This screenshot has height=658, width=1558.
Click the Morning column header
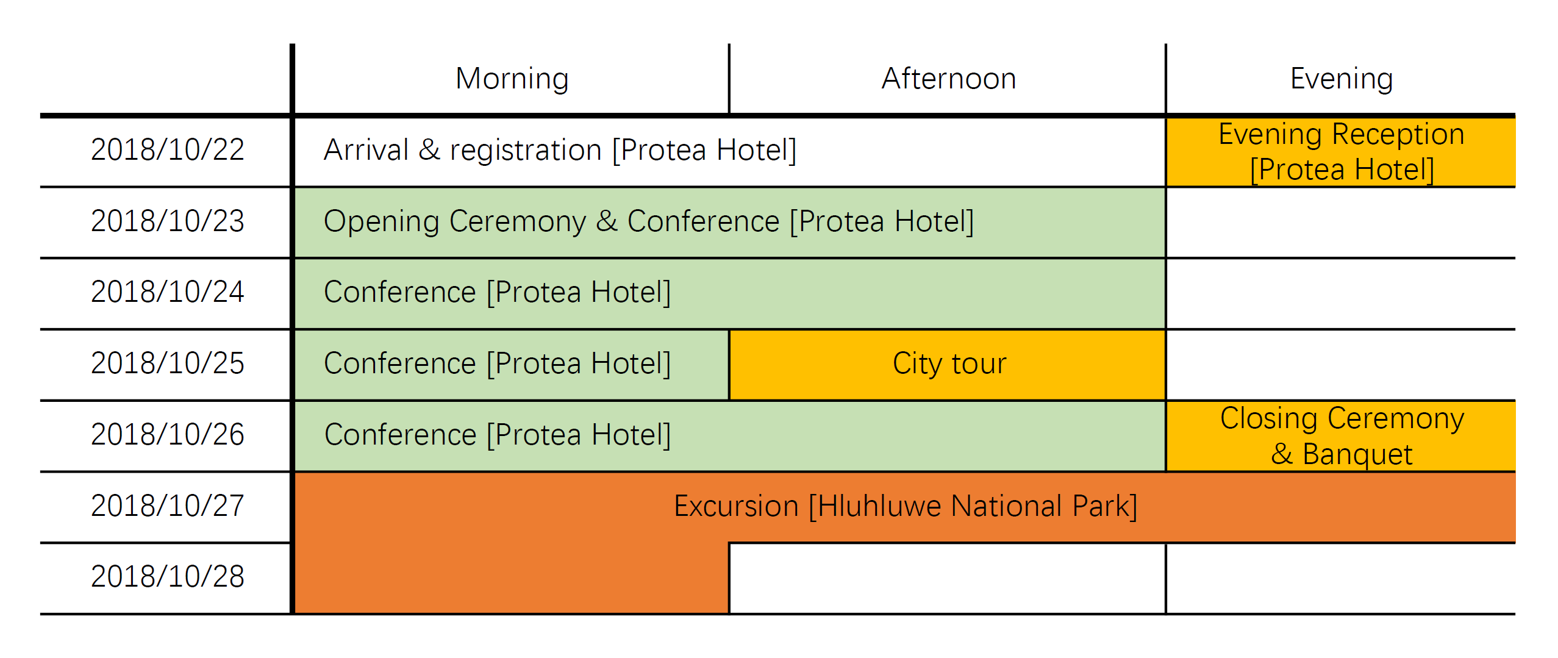pyautogui.click(x=512, y=79)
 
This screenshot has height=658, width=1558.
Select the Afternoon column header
pyautogui.click(x=949, y=79)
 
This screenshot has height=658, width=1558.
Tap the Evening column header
pyautogui.click(x=1342, y=79)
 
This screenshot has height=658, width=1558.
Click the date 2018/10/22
pyautogui.click(x=168, y=149)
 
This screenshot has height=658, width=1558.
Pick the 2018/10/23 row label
pyautogui.click(x=168, y=221)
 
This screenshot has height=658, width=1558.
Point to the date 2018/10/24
pyautogui.click(x=168, y=291)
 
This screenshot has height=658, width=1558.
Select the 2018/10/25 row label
pyautogui.click(x=168, y=363)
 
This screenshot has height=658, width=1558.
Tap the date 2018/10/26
pyautogui.click(x=168, y=434)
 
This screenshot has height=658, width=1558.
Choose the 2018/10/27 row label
pyautogui.click(x=168, y=506)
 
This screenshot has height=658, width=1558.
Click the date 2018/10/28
pyautogui.click(x=168, y=576)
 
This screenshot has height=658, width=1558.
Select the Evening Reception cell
pyautogui.click(x=1340, y=152)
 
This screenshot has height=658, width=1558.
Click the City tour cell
pyautogui.click(x=948, y=365)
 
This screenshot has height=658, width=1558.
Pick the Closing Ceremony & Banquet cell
pyautogui.click(x=1340, y=436)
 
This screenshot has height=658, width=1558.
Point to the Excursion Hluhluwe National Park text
pyautogui.click(x=906, y=506)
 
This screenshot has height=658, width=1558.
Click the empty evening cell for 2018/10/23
pyautogui.click(x=1340, y=223)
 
